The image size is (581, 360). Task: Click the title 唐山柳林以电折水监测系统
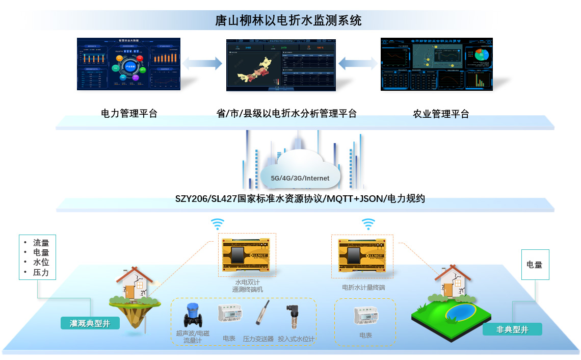[x=288, y=20]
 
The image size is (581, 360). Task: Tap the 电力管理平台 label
[x=129, y=113]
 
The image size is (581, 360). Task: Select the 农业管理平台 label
[x=440, y=114]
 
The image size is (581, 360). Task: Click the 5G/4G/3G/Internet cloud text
[x=300, y=178]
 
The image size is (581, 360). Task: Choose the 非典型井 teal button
[x=512, y=329]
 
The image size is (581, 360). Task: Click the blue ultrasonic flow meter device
[x=192, y=316]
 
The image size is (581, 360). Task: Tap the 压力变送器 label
[x=258, y=339]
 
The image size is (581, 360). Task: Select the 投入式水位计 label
[x=296, y=339]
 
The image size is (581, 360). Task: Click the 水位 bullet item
[x=41, y=263]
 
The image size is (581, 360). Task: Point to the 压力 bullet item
[x=41, y=273]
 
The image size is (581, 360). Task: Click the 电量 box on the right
[x=535, y=265]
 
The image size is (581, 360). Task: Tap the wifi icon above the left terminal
[x=218, y=224]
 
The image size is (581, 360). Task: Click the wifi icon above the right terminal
[x=368, y=224]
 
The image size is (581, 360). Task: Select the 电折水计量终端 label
[x=363, y=288]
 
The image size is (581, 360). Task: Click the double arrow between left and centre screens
[x=203, y=64]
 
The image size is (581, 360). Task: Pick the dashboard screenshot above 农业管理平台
[x=436, y=64]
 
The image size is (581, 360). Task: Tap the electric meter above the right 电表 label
[x=365, y=316]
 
